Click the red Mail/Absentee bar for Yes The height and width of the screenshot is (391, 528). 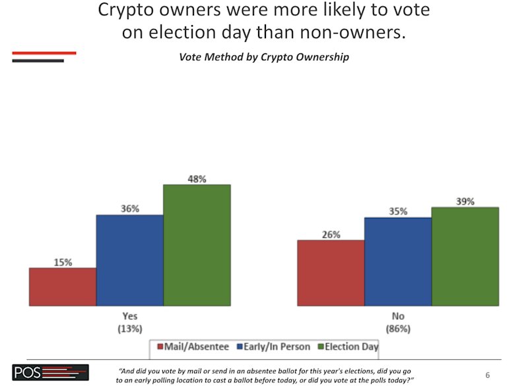[63, 287]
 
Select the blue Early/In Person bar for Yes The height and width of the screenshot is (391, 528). [130, 260]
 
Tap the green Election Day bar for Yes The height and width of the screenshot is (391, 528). [197, 245]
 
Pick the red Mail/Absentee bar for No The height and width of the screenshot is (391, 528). [331, 273]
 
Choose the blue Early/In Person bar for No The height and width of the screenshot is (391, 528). [398, 262]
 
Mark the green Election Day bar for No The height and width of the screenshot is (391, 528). [465, 256]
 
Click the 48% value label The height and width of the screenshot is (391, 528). [197, 179]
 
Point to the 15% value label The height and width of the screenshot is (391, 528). [63, 262]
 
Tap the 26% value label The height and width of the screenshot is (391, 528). [331, 234]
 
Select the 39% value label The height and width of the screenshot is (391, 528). [465, 201]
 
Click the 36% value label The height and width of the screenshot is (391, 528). [130, 209]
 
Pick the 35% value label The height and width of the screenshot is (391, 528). [398, 211]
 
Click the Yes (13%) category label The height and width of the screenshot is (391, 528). [130, 322]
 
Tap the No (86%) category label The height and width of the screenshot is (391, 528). [398, 322]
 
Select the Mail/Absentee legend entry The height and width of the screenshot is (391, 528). [193, 347]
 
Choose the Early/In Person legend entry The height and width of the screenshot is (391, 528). [273, 347]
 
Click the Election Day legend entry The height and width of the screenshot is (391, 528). [348, 347]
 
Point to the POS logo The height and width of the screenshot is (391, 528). [51, 373]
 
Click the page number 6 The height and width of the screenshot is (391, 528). [488, 375]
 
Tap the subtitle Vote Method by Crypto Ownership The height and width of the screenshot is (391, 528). [264, 57]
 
